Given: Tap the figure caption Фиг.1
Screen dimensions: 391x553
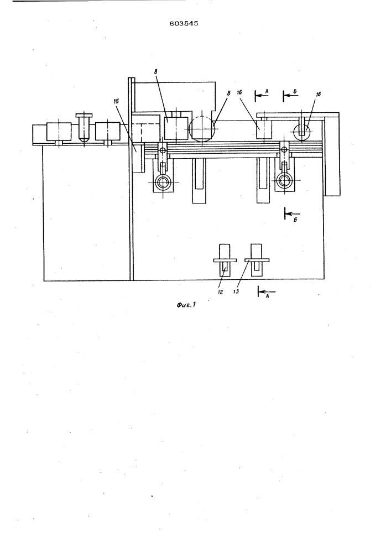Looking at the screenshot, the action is pyautogui.click(x=186, y=304).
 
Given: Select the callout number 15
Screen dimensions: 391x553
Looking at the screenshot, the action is pyautogui.click(x=116, y=101).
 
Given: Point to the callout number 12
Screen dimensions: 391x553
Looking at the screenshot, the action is pyautogui.click(x=220, y=292).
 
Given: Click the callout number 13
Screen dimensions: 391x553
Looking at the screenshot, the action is pyautogui.click(x=236, y=291).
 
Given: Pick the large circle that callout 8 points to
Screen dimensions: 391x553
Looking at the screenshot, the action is pyautogui.click(x=202, y=129).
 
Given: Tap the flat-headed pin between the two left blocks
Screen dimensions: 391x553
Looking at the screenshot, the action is pyautogui.click(x=83, y=127).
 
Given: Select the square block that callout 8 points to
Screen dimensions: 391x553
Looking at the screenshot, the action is pyautogui.click(x=175, y=128).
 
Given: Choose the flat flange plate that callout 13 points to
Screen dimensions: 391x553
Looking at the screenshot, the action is pyautogui.click(x=257, y=260).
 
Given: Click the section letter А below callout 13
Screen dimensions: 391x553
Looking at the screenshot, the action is pyautogui.click(x=267, y=296).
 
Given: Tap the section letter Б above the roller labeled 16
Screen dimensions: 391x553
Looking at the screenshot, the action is pyautogui.click(x=295, y=92).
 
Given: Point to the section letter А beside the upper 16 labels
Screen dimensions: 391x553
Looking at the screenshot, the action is pyautogui.click(x=267, y=91).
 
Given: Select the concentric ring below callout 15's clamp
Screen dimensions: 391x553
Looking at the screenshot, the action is pyautogui.click(x=163, y=182).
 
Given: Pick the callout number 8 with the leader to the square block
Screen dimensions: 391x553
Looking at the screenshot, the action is pyautogui.click(x=155, y=71).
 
